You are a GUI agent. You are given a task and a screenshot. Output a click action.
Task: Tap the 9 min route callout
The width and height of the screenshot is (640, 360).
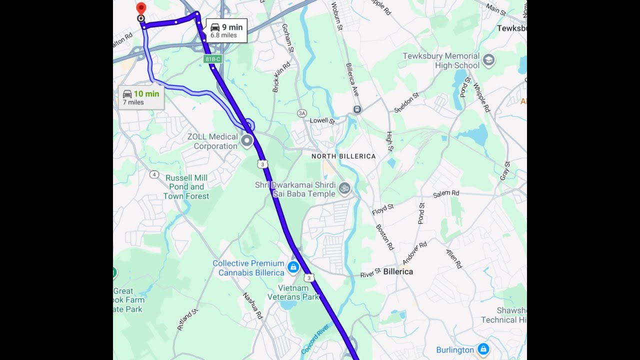[226, 30]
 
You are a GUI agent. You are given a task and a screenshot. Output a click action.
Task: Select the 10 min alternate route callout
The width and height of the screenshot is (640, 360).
[141, 97]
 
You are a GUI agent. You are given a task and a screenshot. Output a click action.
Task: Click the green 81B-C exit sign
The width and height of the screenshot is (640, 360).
[213, 59]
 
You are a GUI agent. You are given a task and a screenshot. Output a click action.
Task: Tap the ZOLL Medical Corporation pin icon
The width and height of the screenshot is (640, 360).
[247, 141]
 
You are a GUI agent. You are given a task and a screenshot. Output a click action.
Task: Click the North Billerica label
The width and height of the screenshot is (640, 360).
[343, 156]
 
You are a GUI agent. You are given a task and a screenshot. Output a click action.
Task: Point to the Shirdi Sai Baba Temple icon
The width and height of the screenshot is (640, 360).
[344, 189]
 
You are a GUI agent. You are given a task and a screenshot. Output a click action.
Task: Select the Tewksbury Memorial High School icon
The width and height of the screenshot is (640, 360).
[488, 60]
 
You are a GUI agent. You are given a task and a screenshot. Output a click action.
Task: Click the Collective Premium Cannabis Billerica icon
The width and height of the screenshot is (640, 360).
[293, 267]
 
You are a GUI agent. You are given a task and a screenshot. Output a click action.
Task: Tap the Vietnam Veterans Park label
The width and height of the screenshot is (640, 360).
[293, 292]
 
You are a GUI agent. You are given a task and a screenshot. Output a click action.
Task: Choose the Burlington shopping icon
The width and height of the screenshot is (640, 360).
[483, 349]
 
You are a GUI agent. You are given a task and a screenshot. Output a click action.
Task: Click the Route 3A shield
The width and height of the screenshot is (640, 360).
[301, 113]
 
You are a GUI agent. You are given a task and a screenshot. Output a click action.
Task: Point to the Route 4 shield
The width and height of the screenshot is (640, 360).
[154, 174]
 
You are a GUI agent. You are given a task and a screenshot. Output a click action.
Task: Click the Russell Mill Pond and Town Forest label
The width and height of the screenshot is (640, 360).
[186, 187]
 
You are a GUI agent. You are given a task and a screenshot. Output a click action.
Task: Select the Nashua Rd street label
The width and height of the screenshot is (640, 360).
[252, 305]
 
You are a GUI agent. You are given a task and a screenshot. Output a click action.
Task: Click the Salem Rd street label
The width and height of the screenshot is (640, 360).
[446, 193]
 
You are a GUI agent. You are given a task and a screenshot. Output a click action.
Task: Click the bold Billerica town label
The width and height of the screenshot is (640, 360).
[398, 271]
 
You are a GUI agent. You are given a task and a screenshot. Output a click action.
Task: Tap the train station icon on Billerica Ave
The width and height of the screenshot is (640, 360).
[357, 109]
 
